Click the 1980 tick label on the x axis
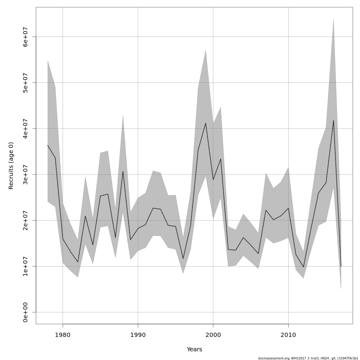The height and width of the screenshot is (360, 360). tap(63, 334)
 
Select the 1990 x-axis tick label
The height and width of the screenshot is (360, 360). tap(138, 334)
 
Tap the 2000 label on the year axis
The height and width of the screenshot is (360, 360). tap(213, 334)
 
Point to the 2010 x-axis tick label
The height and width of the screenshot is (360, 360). tap(288, 334)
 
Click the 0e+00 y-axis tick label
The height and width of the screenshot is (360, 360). tap(25, 312)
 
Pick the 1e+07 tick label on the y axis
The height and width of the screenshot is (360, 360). tap(25, 266)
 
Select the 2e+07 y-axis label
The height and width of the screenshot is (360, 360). tap(25, 220)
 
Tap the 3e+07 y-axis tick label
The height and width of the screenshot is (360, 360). tap(25, 174)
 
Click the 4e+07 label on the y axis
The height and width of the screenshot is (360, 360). tap(25, 128)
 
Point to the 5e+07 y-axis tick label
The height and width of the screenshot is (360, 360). tap(25, 82)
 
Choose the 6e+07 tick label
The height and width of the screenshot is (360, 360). tap(25, 37)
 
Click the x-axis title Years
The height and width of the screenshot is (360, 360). tap(194, 349)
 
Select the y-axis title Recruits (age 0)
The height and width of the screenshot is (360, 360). tap(11, 166)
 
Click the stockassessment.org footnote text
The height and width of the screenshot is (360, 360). tap(308, 358)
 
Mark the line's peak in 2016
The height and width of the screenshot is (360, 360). tap(333, 121)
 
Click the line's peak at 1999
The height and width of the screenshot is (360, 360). tap(205, 123)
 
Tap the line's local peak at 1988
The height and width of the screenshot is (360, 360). tap(123, 171)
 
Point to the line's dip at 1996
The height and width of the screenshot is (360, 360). tap(183, 259)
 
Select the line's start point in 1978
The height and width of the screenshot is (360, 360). tap(48, 145)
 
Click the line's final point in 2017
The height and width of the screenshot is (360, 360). tap(341, 266)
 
